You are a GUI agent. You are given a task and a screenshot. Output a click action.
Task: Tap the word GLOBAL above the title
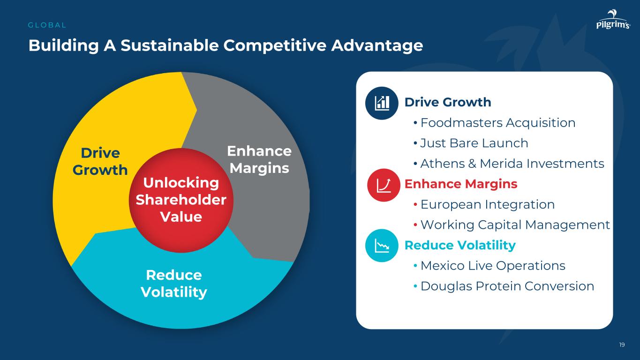click(x=47, y=25)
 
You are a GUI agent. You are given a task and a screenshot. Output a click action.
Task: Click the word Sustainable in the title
click(x=170, y=45)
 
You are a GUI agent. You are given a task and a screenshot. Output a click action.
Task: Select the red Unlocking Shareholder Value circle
click(x=181, y=200)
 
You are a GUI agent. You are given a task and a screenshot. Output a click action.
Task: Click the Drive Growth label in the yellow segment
click(x=100, y=161)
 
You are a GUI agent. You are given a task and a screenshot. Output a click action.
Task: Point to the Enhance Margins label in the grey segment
click(x=259, y=159)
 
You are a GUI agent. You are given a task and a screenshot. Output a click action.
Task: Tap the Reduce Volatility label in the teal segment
click(x=173, y=284)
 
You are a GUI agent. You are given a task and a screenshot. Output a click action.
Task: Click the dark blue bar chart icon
click(x=382, y=103)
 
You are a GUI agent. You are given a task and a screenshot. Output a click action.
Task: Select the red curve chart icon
click(x=384, y=185)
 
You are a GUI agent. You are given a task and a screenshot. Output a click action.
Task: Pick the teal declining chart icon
click(x=382, y=246)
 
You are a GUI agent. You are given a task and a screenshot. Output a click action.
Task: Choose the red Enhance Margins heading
click(x=461, y=184)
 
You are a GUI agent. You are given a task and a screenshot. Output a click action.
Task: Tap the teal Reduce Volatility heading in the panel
click(x=460, y=246)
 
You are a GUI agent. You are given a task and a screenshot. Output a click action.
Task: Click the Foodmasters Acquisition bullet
click(x=495, y=123)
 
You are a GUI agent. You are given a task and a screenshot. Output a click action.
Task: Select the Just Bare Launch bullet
click(x=471, y=143)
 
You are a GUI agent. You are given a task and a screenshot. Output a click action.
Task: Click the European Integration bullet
click(x=484, y=204)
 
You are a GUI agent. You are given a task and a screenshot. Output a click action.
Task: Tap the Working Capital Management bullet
click(x=512, y=225)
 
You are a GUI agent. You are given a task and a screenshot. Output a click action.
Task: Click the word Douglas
click(x=446, y=286)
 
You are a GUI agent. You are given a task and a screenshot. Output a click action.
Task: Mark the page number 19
click(x=622, y=345)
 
